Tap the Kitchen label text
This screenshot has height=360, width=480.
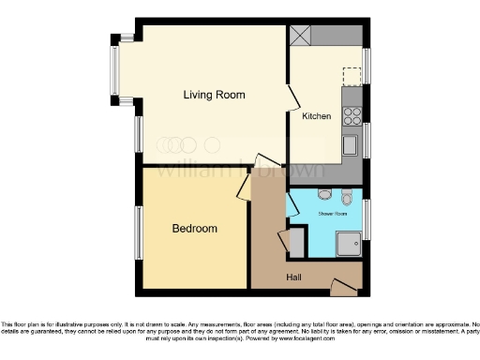point(316,116)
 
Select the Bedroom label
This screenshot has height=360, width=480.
point(195,229)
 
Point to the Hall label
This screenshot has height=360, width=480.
point(294,277)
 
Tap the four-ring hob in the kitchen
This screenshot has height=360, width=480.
point(354,117)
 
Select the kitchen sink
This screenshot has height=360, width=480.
point(350,145)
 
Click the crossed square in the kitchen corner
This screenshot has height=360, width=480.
point(301,35)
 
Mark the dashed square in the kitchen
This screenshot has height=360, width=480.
point(352,76)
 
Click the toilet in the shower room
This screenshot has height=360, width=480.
point(325,195)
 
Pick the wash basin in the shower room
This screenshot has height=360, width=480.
point(347,197)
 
